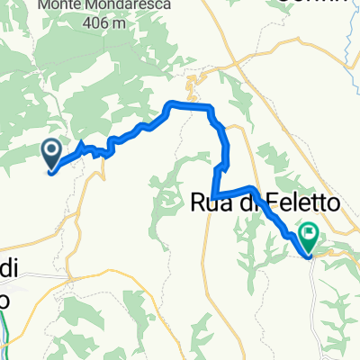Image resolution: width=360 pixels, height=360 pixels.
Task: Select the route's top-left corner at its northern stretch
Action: pos(169,107)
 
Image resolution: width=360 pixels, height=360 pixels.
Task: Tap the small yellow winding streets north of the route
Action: pos(189,88)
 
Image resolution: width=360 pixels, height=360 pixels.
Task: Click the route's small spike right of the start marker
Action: pos(83,144)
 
